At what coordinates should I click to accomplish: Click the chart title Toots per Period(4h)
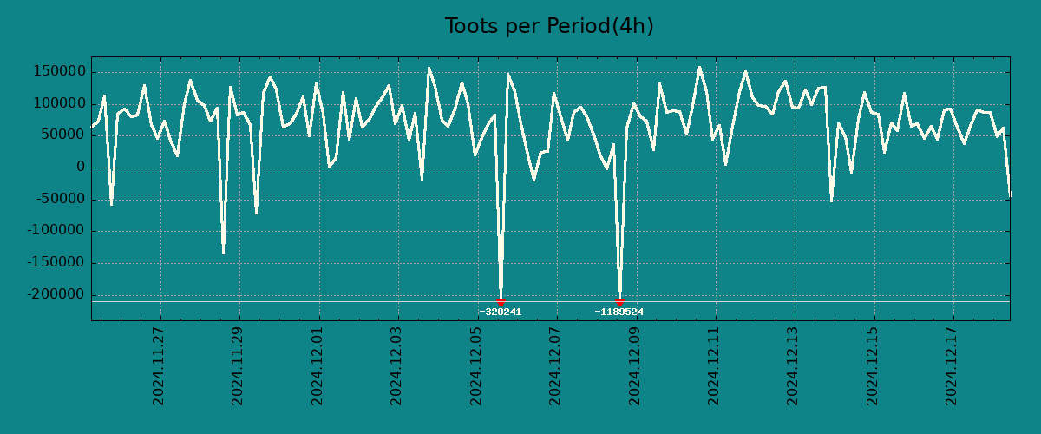coord(549,26)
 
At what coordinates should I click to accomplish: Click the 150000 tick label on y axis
coord(57,71)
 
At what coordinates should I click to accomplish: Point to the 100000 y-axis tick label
coord(57,103)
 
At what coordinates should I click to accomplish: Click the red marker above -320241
coord(501,301)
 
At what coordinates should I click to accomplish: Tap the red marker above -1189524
coord(619,301)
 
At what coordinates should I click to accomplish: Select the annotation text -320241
coord(501,312)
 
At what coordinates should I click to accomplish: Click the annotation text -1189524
coord(619,312)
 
